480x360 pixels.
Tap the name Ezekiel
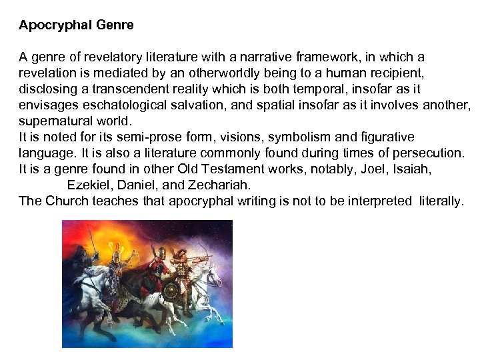(89, 185)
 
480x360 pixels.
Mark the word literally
(441, 201)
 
